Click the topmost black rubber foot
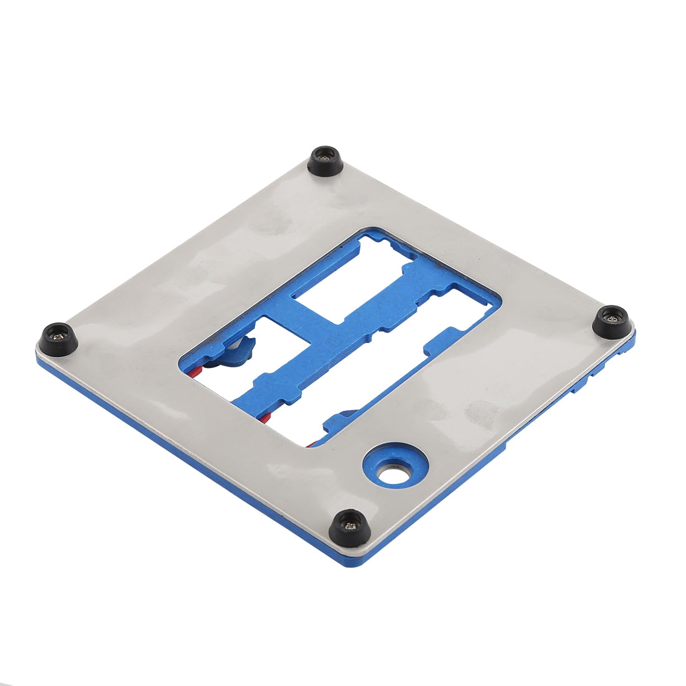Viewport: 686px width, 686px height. click(326, 161)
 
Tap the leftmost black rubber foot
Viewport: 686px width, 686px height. click(59, 339)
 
